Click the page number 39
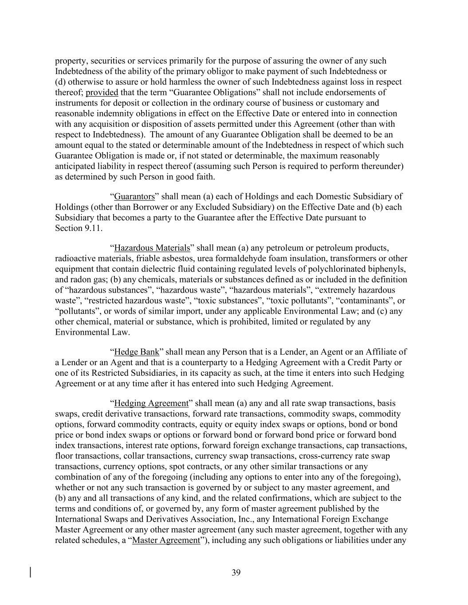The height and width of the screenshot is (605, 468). (236, 573)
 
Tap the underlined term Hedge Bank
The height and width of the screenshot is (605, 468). (137, 352)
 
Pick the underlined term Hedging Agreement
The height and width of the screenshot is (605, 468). (151, 403)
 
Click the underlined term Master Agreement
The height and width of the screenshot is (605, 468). (166, 540)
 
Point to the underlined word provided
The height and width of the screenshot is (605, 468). (102, 93)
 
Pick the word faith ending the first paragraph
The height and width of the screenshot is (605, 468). (205, 177)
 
